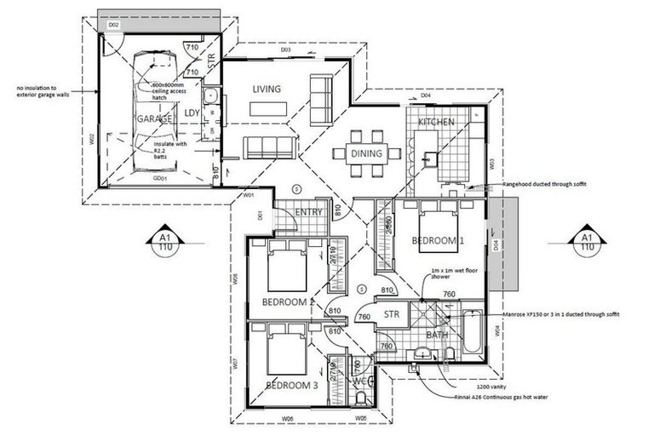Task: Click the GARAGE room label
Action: point(155,119)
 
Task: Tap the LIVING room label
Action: point(267,89)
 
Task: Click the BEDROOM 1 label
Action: point(438,241)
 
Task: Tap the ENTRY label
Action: point(307,211)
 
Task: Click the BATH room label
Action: point(437,335)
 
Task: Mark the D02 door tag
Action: point(113,26)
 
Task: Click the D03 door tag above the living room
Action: point(285,50)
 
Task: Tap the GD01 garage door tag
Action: point(158,180)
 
